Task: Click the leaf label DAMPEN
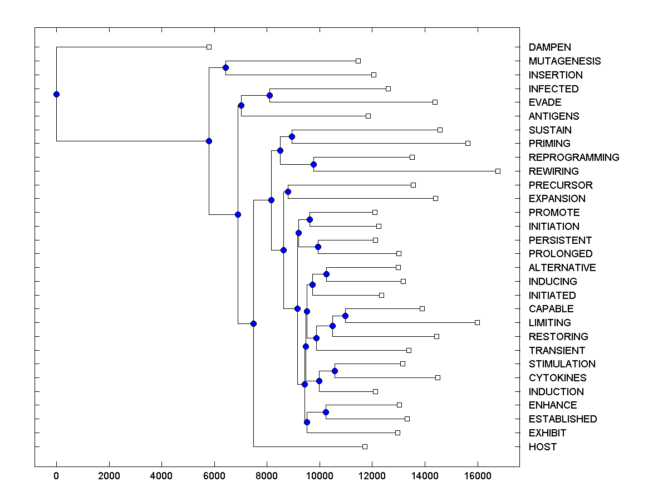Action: coord(550,47)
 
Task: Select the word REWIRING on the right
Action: coord(554,171)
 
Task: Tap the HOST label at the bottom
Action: coord(543,447)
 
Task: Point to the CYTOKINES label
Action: coord(558,378)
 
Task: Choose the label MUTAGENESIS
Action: coord(565,61)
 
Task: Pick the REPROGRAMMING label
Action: coord(574,158)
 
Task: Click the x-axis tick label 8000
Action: coord(267,477)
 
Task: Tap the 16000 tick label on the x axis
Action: coord(478,477)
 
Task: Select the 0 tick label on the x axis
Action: coord(56,477)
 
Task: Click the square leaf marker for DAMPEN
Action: coord(209,47)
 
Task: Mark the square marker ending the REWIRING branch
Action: coord(498,171)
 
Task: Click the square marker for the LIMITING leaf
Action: coord(477,322)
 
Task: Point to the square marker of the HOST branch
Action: coord(365,446)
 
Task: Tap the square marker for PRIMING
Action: coord(468,143)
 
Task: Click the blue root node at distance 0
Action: coord(56,94)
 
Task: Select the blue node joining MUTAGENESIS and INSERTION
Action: coord(225,68)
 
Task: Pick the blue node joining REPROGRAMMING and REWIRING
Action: coord(313,164)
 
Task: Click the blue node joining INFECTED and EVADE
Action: coord(269,95)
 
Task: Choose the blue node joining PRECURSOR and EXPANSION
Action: coord(288,191)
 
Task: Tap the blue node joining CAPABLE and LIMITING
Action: coord(345,316)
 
